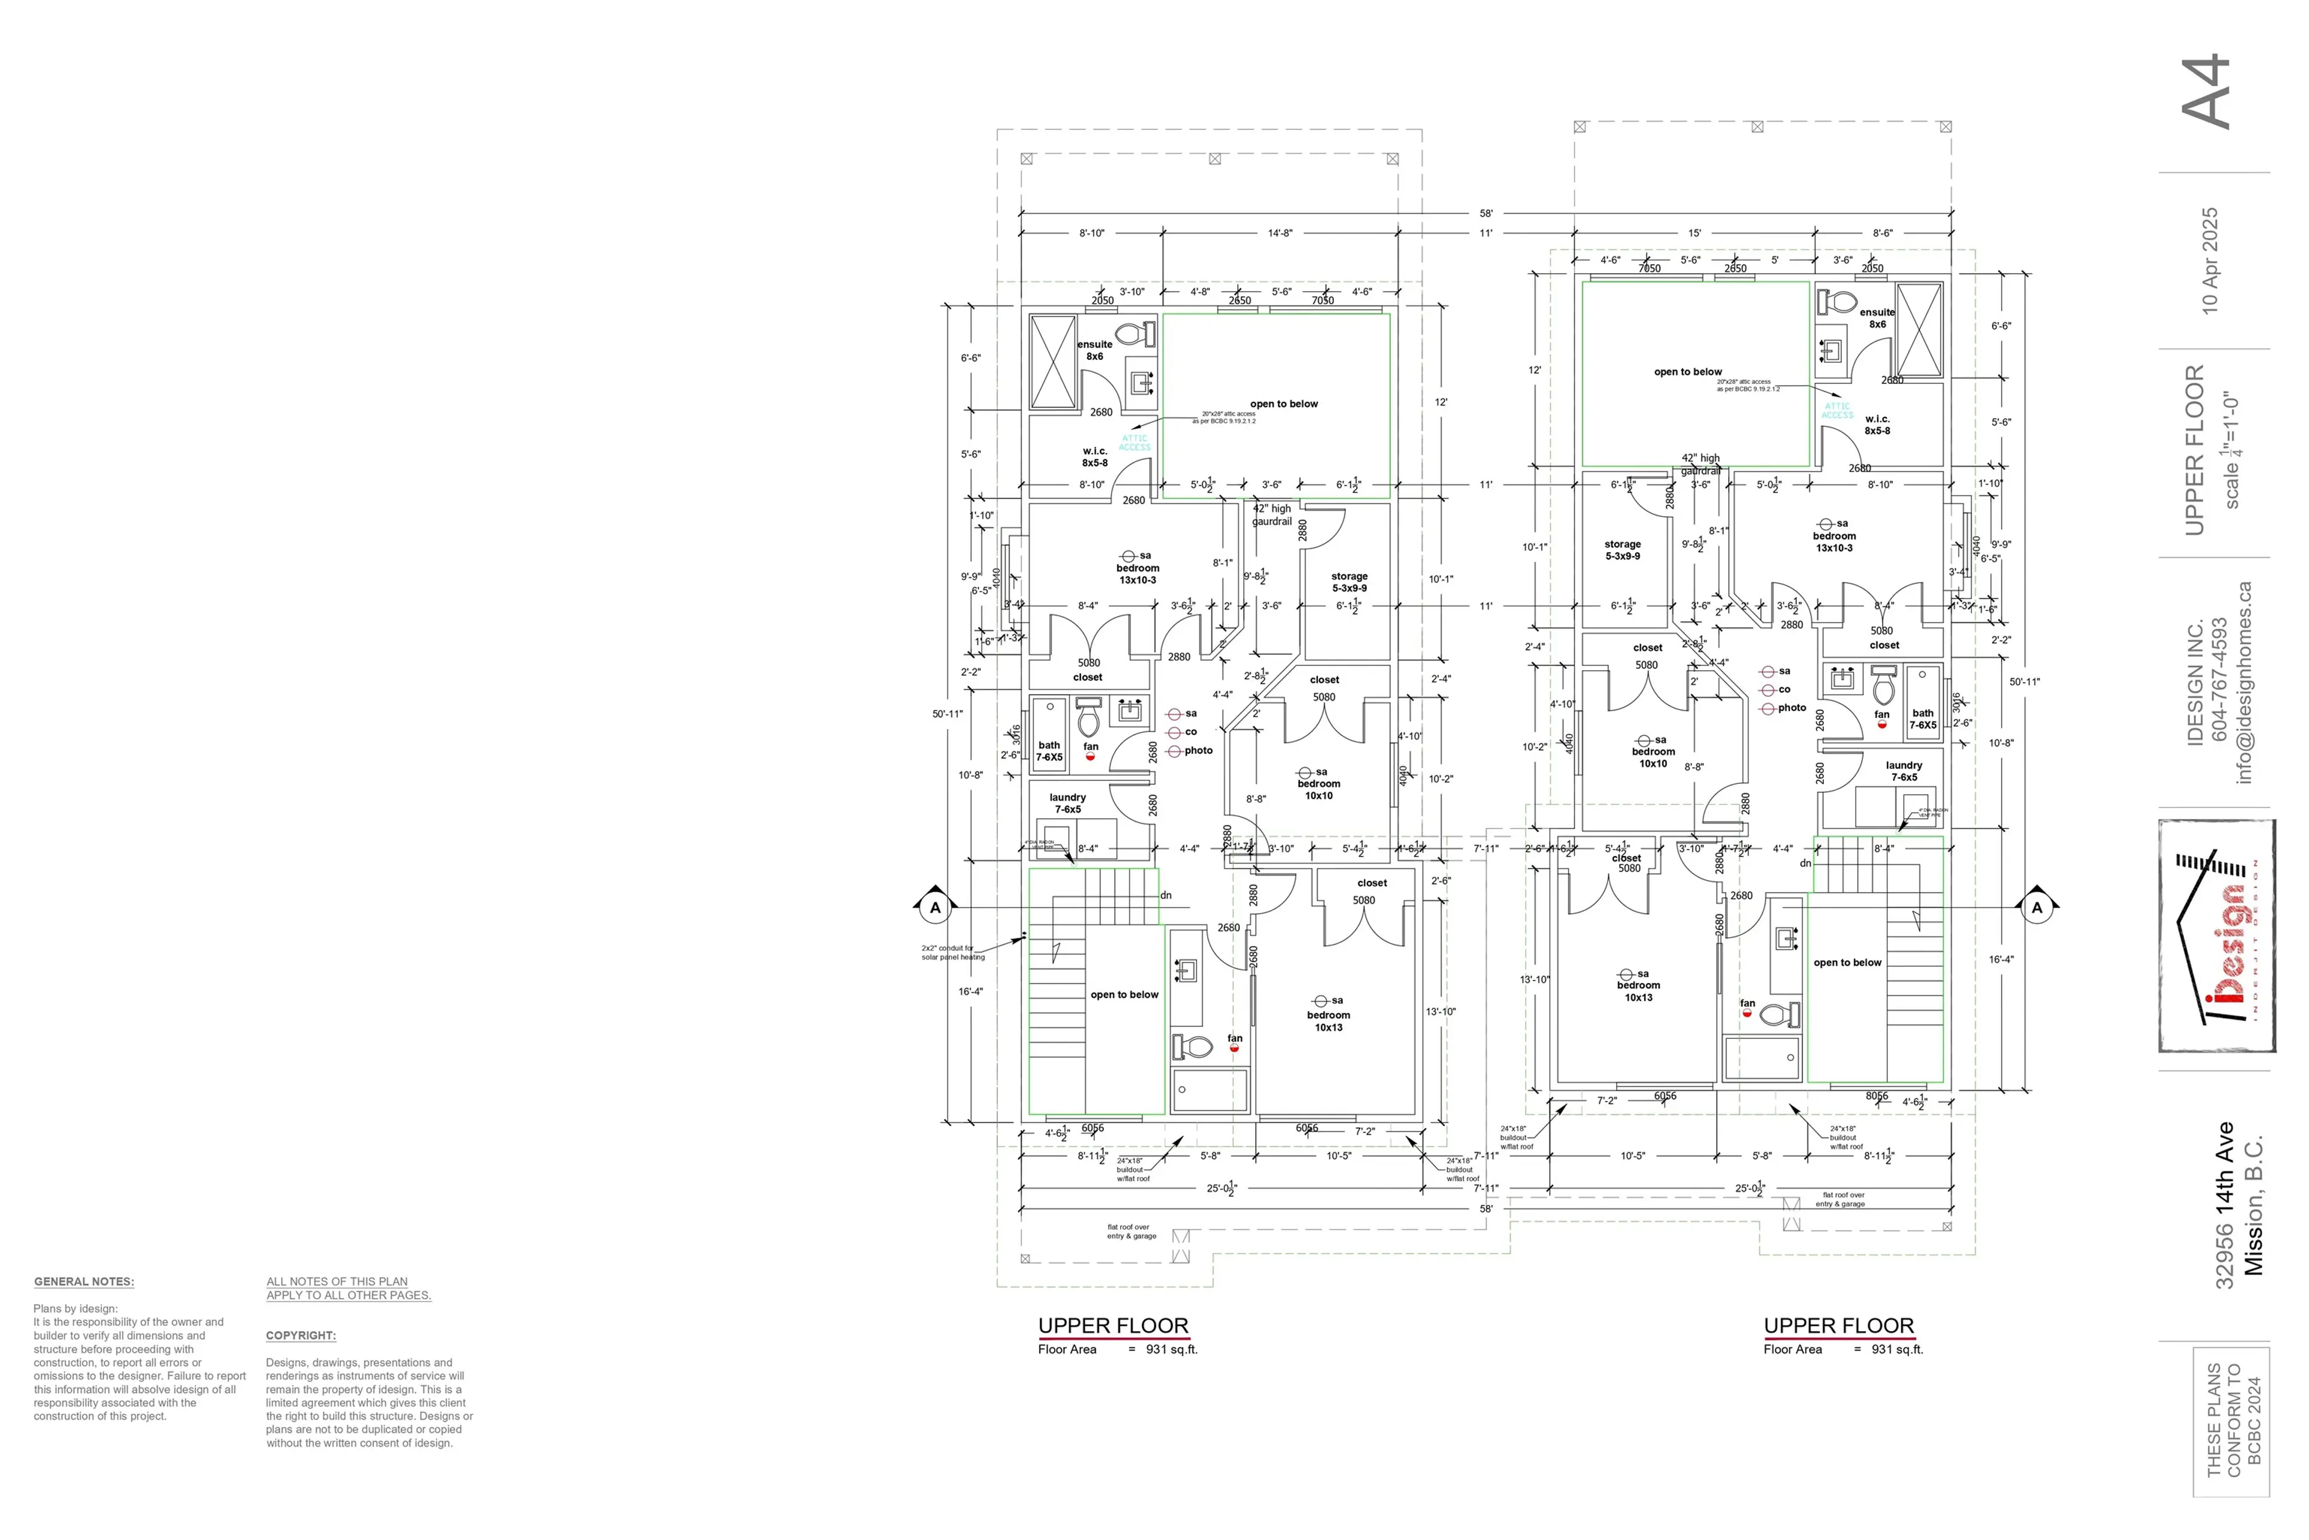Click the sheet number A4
click(2206, 91)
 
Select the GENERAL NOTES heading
click(84, 1282)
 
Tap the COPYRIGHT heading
click(301, 1335)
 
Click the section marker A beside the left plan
click(934, 908)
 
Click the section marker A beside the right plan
click(2037, 908)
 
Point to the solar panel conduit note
click(952, 953)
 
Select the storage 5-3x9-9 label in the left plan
click(1349, 582)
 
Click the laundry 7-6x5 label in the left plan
click(1067, 804)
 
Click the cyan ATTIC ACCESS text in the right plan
click(1837, 410)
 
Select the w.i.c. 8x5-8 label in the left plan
click(1094, 457)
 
